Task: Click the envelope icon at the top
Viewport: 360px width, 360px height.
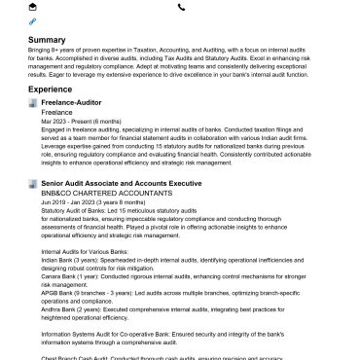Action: click(33, 7)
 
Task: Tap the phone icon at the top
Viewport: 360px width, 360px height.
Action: click(182, 7)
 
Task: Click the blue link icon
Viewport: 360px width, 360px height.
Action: click(33, 20)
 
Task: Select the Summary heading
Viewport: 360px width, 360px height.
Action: click(47, 40)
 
